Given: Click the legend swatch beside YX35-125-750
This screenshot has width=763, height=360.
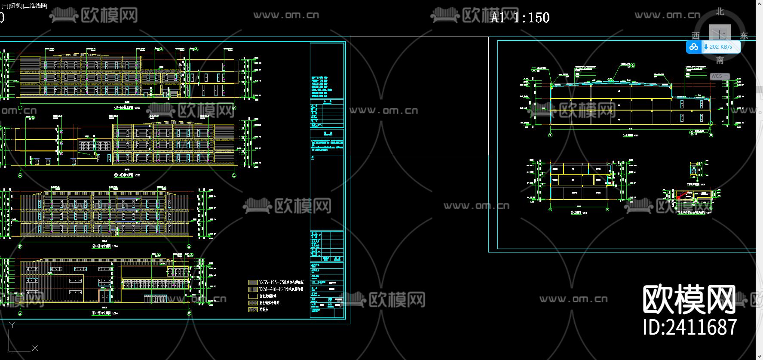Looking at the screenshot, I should click(x=253, y=283).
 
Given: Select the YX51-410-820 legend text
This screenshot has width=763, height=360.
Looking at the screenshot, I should click(x=281, y=289).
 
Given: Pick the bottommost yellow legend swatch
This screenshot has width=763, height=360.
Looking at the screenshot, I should click(x=253, y=309).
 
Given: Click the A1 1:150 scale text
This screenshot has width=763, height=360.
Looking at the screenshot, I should click(x=520, y=18).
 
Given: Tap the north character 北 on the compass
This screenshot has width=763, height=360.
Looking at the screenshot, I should click(x=720, y=12).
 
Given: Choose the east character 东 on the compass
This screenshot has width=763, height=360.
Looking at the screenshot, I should click(x=744, y=36).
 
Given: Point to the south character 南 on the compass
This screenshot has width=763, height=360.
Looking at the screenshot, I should click(x=720, y=60).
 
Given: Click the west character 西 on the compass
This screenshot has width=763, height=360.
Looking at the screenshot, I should click(x=696, y=36).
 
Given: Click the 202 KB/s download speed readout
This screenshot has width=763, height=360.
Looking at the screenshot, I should click(x=720, y=47).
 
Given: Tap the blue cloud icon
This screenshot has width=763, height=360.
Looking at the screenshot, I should click(x=693, y=47).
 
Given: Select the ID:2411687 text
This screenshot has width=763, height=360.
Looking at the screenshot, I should click(x=690, y=327).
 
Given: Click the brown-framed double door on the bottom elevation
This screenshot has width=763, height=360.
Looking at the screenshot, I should click(x=104, y=296).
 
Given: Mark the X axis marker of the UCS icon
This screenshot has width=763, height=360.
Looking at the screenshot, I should click(x=35, y=348).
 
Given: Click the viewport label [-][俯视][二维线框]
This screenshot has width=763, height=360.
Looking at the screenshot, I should click(x=24, y=6).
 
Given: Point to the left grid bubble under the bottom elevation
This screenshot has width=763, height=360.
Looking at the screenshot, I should click(x=20, y=314).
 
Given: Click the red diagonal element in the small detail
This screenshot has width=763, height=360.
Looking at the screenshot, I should click(x=681, y=196).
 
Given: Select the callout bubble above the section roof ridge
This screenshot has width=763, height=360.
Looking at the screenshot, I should click(x=633, y=66).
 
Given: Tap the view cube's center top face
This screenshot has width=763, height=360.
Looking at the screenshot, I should click(x=720, y=33).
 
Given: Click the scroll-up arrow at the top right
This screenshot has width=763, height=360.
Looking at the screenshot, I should click(x=759, y=3).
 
